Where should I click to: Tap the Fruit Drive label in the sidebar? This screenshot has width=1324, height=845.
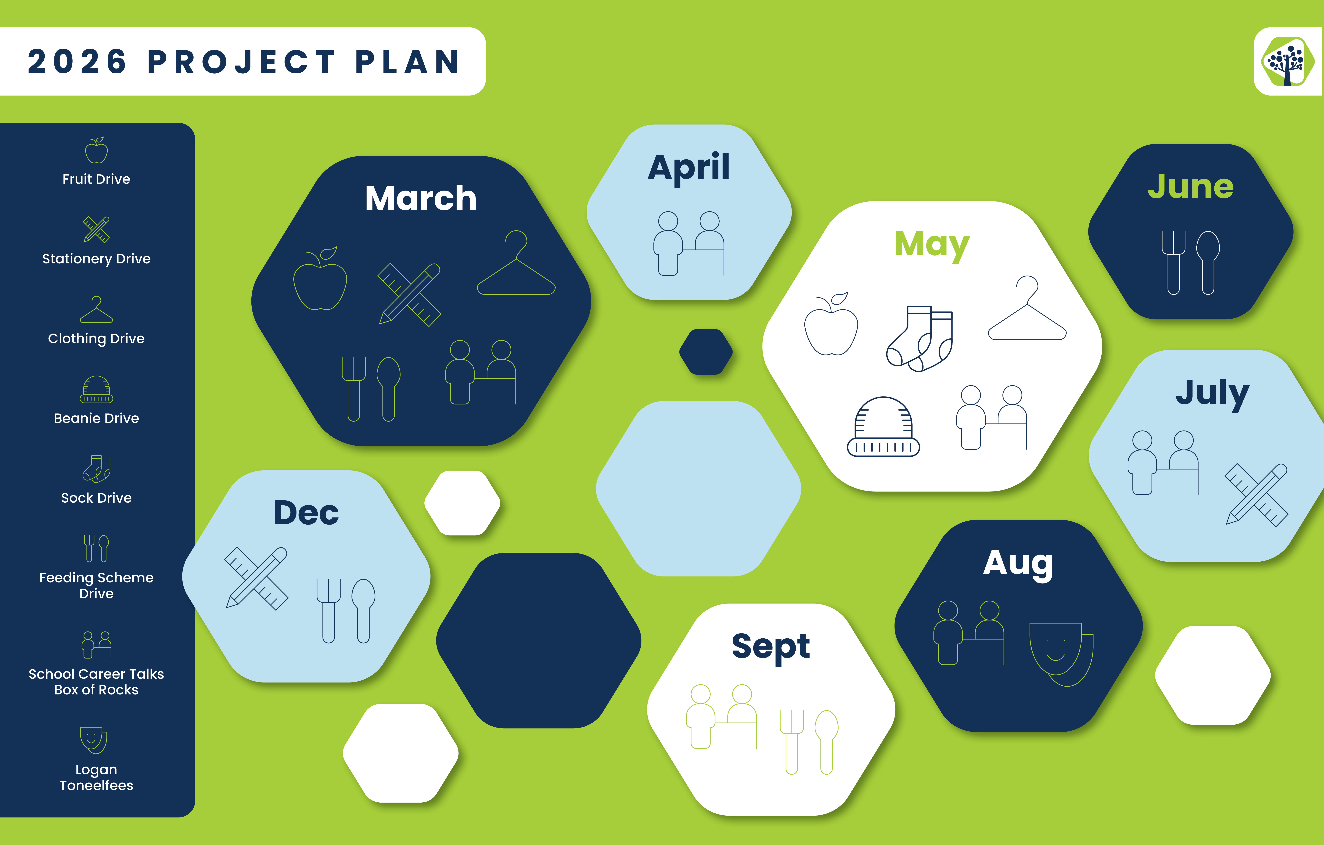[96, 179]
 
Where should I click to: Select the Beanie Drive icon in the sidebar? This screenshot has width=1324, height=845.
[96, 389]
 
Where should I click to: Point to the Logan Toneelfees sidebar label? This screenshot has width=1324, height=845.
[96, 777]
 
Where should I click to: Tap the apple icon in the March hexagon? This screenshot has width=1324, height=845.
[321, 279]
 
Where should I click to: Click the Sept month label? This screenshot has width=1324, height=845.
[771, 647]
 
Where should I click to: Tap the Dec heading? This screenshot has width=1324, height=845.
[306, 513]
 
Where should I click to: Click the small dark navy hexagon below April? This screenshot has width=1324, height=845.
[706, 352]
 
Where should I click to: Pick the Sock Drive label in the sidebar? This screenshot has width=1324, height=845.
[96, 498]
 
